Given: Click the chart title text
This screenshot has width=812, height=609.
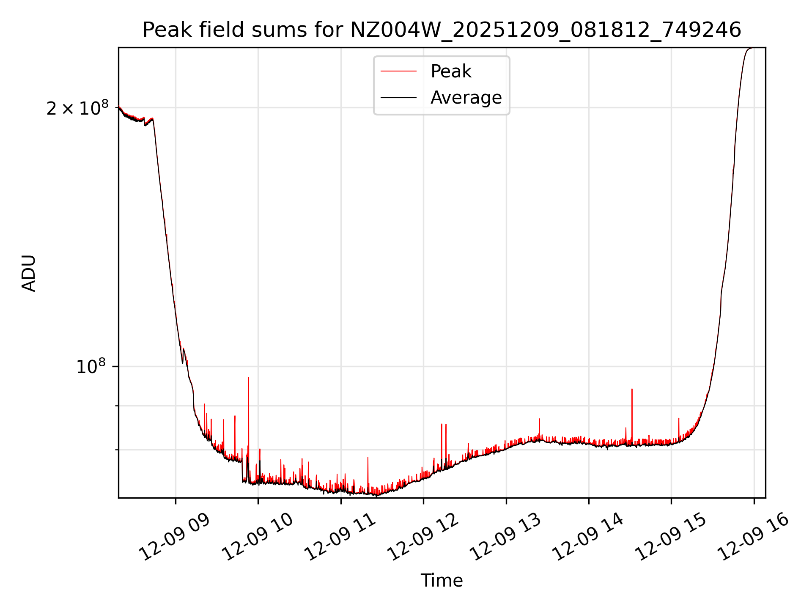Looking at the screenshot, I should coord(442,30).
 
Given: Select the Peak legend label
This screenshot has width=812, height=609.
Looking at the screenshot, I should coord(451,71).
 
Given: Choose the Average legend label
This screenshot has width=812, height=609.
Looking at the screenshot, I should coord(466,98).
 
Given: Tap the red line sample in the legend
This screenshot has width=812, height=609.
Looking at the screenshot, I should coord(398,71).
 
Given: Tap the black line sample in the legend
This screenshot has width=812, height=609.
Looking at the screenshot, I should coord(398,98).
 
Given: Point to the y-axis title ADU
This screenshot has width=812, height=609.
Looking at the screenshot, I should coord(29,273).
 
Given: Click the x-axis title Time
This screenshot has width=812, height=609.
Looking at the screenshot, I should coord(442,580).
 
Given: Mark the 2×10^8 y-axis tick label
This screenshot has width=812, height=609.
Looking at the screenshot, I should coord(77,109).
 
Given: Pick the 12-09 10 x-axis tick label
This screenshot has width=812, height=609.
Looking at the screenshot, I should coord(257,537).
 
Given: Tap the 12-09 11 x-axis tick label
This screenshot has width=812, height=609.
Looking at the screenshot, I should coord(340,537).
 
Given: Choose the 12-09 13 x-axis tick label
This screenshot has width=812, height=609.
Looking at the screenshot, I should coord(505,537).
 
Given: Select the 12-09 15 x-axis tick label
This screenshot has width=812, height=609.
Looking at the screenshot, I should coord(671,537).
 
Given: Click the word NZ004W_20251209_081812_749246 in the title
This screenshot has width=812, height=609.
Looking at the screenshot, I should coord(546,30).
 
